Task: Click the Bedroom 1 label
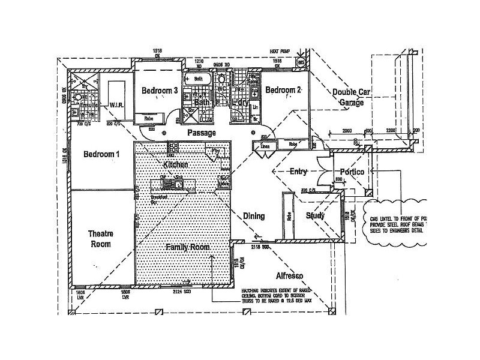tap(101, 154)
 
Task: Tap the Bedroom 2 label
tap(283, 91)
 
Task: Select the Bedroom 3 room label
tap(159, 91)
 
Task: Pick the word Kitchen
tap(176, 164)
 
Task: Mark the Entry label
tap(298, 172)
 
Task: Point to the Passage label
tap(201, 132)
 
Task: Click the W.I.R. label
tap(116, 105)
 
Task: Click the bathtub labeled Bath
tap(198, 79)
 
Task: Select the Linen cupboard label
tap(265, 146)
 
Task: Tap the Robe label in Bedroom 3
tap(148, 119)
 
